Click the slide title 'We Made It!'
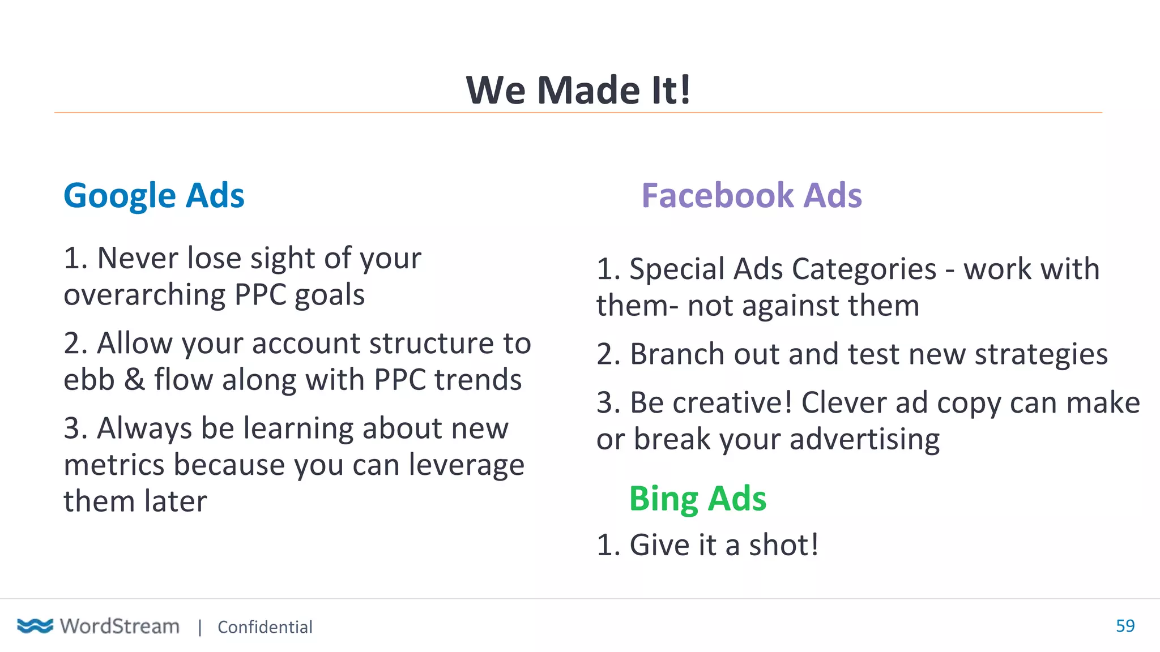(578, 90)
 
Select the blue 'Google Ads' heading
(153, 196)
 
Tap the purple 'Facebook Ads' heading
(751, 196)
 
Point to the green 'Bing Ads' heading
(697, 499)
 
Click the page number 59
(1125, 625)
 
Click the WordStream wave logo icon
(35, 625)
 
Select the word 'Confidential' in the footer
(265, 627)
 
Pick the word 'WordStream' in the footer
(120, 626)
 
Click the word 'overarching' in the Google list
(144, 295)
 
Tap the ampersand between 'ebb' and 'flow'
(134, 379)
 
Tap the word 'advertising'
(864, 440)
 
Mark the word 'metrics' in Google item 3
(114, 465)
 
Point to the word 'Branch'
(677, 354)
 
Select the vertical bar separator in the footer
(200, 627)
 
